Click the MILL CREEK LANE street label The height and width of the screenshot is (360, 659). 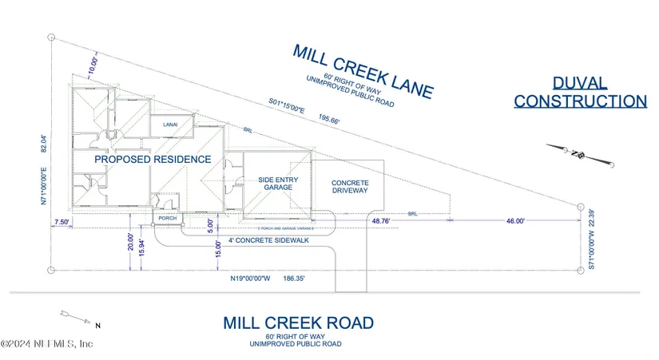(x=363, y=71)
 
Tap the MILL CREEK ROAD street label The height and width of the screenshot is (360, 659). (x=298, y=323)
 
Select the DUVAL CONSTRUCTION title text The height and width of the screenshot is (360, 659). (x=579, y=93)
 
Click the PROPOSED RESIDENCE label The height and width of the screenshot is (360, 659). (x=153, y=160)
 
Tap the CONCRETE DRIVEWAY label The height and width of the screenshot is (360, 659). (x=350, y=188)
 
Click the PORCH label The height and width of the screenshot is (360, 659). (x=168, y=218)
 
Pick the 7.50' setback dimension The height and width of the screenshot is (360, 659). (x=62, y=222)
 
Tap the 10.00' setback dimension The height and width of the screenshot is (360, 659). (x=95, y=64)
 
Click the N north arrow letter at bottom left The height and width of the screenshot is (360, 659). (x=97, y=325)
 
